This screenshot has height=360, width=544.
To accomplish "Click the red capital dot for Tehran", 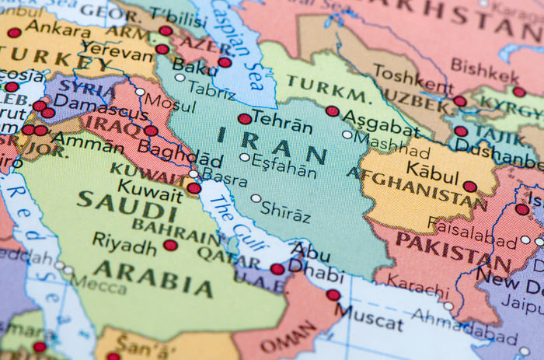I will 245,119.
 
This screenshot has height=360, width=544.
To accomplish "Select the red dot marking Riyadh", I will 170,246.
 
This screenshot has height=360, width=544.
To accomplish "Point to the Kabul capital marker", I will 469,187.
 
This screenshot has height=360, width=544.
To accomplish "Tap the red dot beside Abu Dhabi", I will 277,269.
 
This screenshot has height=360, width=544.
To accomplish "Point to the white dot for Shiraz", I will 256,198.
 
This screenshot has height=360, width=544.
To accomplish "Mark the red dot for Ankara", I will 14,33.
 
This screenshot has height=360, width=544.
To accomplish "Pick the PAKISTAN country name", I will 453,253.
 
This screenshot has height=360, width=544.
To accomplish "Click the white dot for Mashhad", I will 347,135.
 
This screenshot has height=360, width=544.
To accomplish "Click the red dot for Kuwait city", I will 194,187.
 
